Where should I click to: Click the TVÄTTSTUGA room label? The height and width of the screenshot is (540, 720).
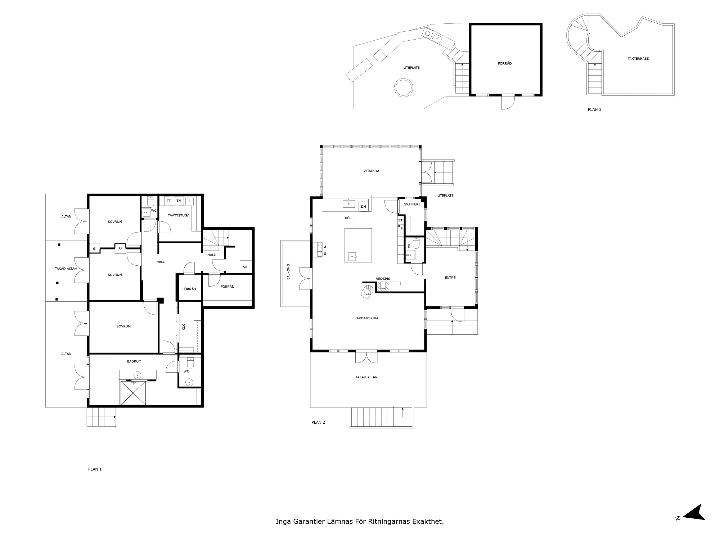[179, 216]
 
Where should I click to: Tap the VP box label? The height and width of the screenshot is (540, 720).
[245, 267]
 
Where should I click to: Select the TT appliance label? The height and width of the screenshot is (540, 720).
[169, 201]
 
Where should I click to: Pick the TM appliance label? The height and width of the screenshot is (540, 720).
[179, 201]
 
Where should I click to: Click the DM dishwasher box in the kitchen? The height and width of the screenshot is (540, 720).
[364, 207]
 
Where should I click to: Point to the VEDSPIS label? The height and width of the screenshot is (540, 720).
[383, 279]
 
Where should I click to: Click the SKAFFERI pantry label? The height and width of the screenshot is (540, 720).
[412, 204]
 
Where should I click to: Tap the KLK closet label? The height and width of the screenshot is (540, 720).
[184, 327]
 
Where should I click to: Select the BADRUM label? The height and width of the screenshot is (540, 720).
[134, 361]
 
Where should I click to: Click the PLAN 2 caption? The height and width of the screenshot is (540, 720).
[318, 422]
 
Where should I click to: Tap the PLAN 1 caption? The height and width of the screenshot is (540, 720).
[95, 469]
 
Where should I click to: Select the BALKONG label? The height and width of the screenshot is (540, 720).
[288, 272]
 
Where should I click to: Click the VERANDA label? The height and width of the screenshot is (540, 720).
[372, 171]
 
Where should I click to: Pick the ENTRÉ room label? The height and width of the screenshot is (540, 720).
[450, 278]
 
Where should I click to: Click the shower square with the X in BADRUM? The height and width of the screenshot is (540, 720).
[134, 393]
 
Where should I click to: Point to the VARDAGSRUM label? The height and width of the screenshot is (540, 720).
[366, 318]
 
